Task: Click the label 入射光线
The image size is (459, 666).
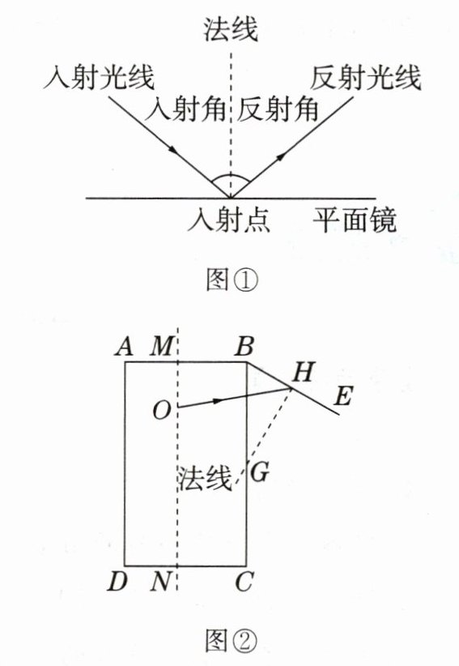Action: click(x=99, y=77)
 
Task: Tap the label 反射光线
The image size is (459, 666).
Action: click(x=365, y=77)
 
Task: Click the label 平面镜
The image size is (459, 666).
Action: click(x=355, y=220)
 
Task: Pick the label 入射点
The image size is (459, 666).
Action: click(x=228, y=220)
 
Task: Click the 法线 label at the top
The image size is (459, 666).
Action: click(x=231, y=29)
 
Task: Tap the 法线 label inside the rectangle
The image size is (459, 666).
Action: click(x=205, y=478)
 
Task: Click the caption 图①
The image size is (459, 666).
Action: click(x=232, y=280)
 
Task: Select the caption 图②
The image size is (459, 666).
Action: click(x=232, y=641)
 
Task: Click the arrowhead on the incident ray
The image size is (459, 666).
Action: click(x=173, y=150)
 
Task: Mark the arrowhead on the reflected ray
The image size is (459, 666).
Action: click(x=281, y=156)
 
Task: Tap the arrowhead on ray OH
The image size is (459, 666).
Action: click(x=217, y=400)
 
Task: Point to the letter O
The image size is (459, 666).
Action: click(x=162, y=411)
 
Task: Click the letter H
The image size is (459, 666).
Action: click(x=304, y=372)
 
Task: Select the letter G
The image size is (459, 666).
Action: click(x=260, y=472)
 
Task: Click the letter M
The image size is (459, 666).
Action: click(x=162, y=346)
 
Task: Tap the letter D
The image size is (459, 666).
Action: click(x=117, y=582)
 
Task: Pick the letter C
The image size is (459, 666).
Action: click(x=244, y=582)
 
